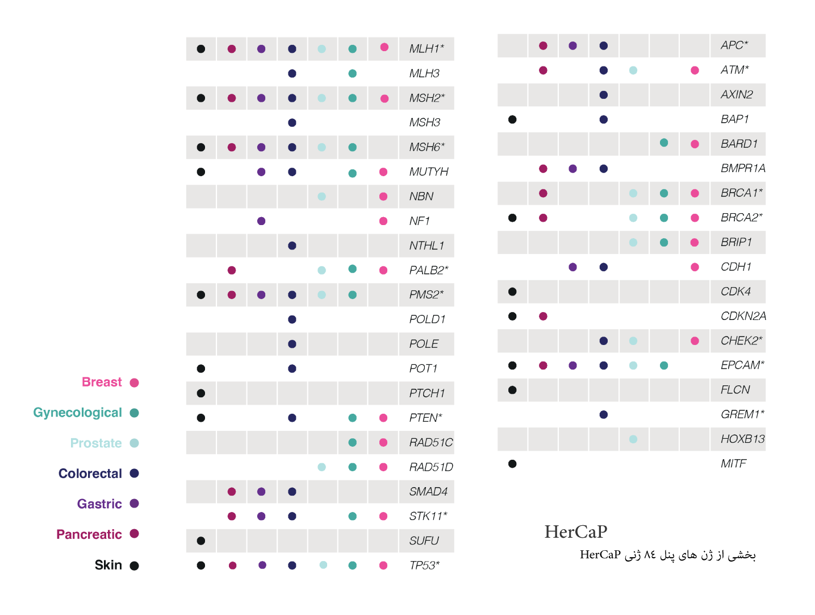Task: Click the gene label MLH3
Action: click(x=424, y=73)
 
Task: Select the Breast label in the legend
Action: click(x=102, y=382)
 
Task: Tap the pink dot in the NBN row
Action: click(x=383, y=197)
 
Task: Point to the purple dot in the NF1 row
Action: click(x=261, y=221)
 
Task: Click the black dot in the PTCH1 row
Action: click(x=201, y=393)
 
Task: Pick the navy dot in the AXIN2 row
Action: click(x=604, y=95)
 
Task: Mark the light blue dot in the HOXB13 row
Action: click(x=633, y=439)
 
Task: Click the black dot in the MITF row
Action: click(x=512, y=464)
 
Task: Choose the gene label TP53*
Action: click(x=424, y=566)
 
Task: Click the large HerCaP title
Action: click(x=575, y=531)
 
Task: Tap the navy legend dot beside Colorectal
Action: click(x=134, y=473)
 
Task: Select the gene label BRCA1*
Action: click(x=741, y=193)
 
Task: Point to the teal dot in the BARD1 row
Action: click(x=664, y=143)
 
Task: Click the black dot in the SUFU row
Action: click(x=201, y=541)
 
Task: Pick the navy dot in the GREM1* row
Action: click(x=604, y=414)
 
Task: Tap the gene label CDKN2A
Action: click(x=743, y=316)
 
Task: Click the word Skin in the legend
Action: click(x=108, y=565)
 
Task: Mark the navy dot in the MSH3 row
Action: click(x=292, y=123)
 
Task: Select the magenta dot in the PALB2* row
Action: click(x=232, y=270)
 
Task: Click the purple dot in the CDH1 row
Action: click(x=572, y=267)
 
